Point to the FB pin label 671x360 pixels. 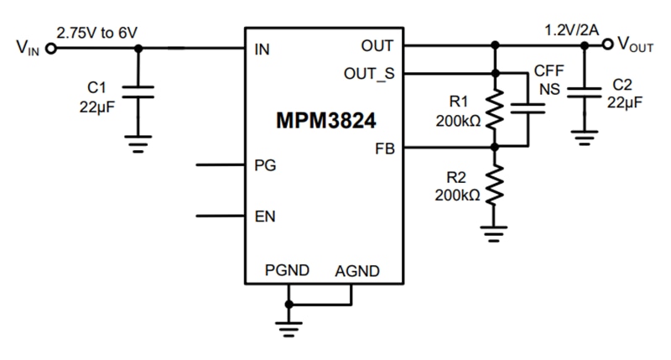pyautogui.click(x=385, y=149)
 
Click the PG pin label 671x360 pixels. pyautogui.click(x=264, y=165)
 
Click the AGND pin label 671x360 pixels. pyautogui.click(x=357, y=271)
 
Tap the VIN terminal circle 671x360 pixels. pyautogui.click(x=50, y=49)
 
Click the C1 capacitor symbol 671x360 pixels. pyautogui.click(x=139, y=91)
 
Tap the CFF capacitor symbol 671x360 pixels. pyautogui.click(x=528, y=107)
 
